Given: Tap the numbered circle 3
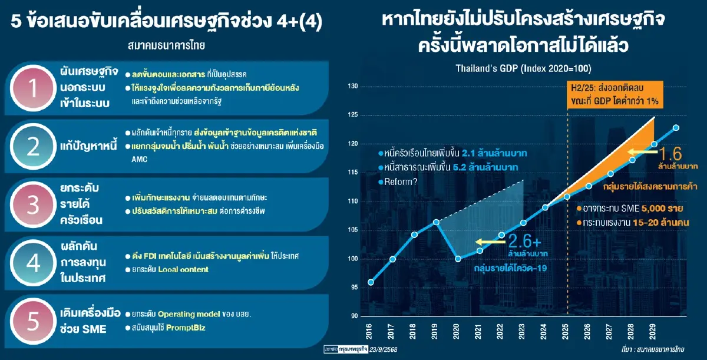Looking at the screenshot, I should pyautogui.click(x=34, y=205).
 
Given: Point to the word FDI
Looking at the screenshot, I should pyautogui.click(x=152, y=257).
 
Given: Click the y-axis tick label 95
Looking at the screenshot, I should pyautogui.click(x=353, y=287).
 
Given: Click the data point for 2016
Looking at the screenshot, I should pyautogui.click(x=371, y=282).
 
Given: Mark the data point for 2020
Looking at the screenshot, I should pyautogui.click(x=458, y=258).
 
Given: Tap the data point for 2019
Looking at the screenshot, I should pyautogui.click(x=436, y=222).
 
